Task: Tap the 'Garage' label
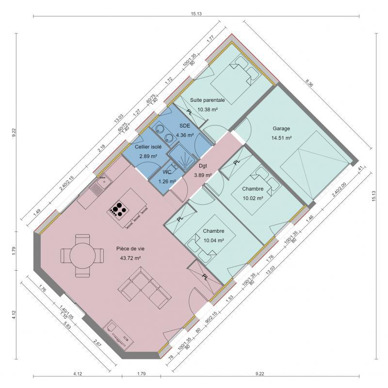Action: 281,129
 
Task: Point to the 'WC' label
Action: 166,172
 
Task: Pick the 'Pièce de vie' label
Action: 130,248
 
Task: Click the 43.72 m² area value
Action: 130,258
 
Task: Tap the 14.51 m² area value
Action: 281,138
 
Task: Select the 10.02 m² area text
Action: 253,198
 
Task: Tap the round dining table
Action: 82,254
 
